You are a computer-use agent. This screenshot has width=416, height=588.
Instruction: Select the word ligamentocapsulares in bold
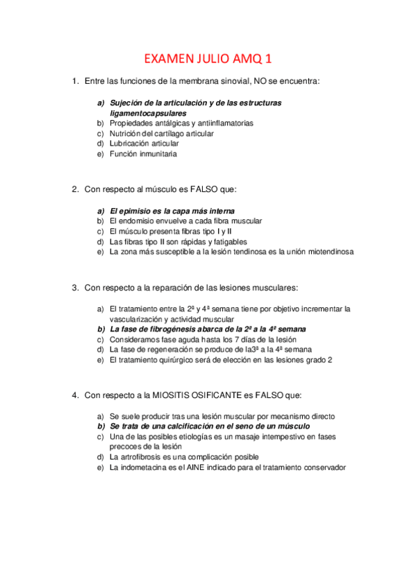coord(148,112)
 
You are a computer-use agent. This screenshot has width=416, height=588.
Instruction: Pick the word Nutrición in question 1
coord(125,133)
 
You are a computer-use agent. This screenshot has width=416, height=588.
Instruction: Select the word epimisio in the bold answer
coord(135,211)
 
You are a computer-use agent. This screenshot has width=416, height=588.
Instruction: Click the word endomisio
coord(135,220)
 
